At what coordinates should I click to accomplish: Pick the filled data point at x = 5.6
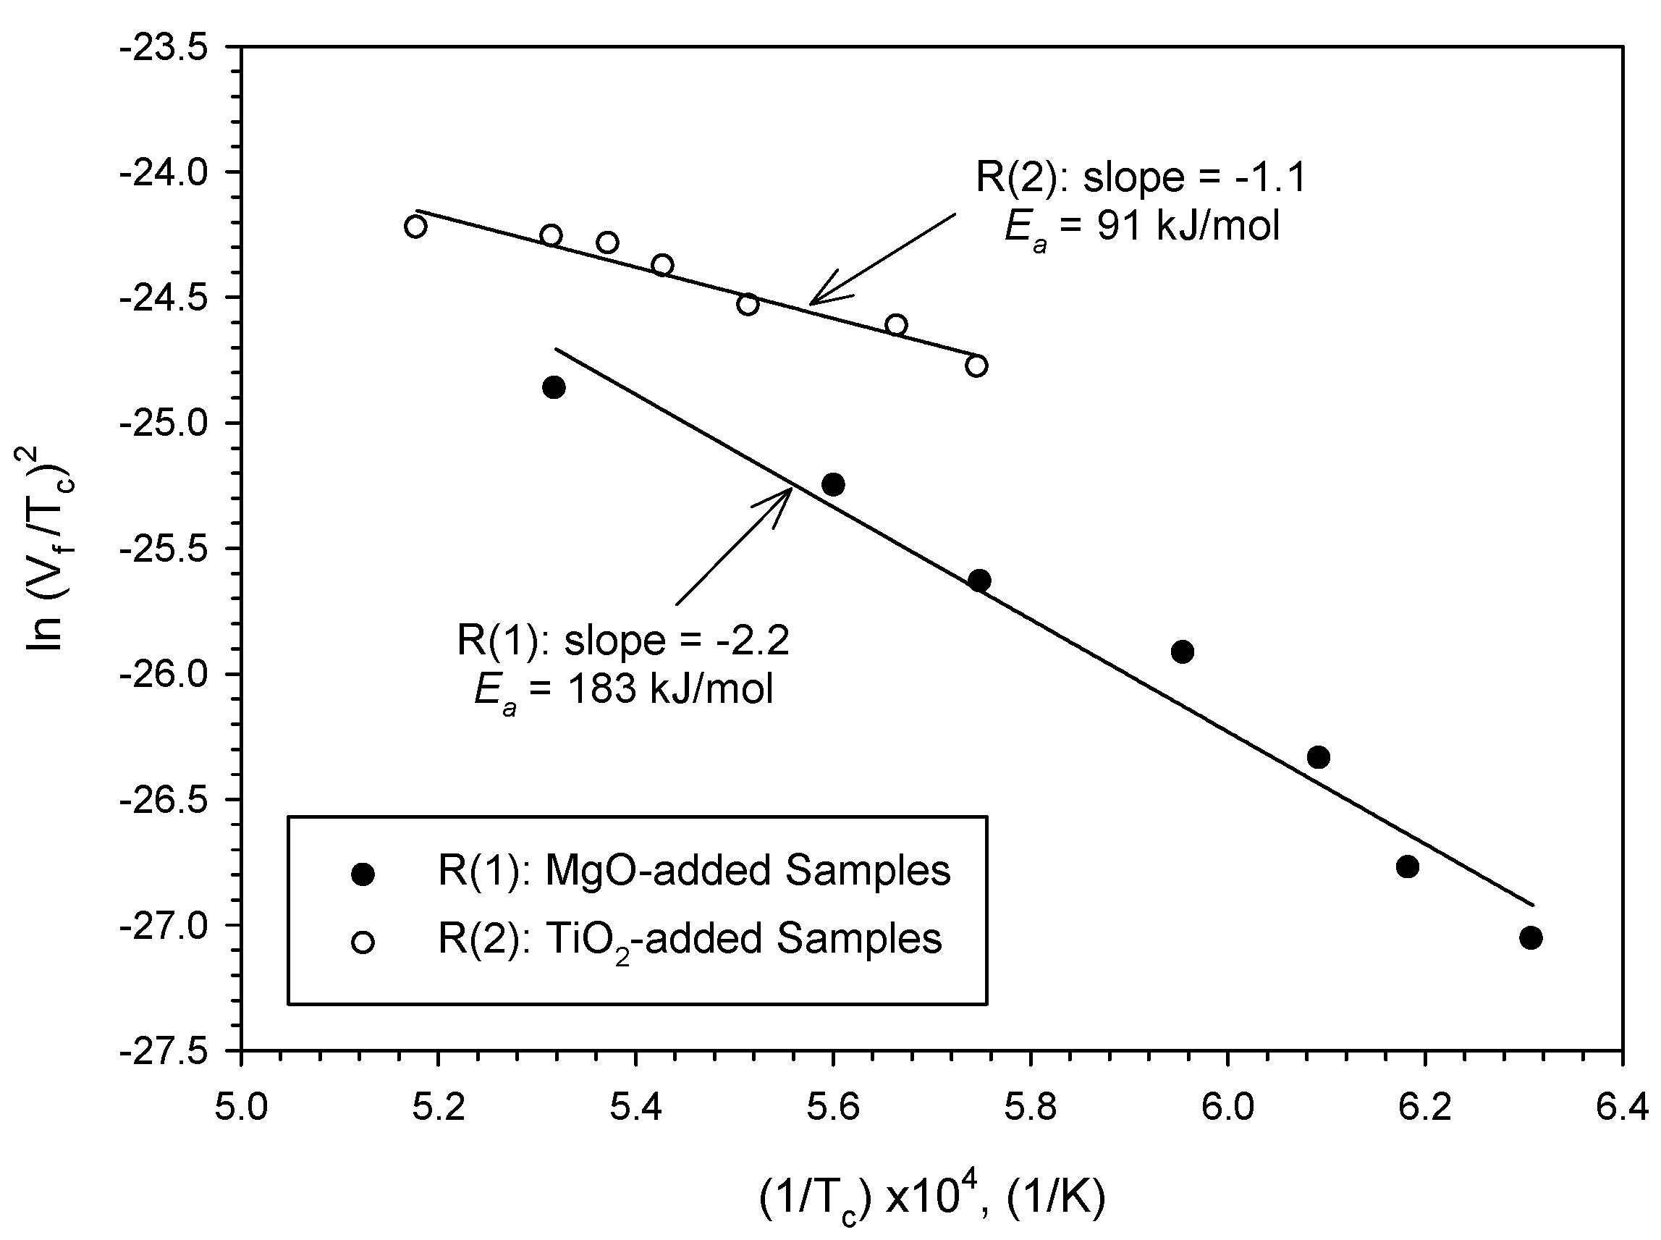[x=833, y=484]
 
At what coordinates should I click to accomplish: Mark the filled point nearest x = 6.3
[x=1531, y=937]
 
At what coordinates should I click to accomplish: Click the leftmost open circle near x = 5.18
[x=415, y=227]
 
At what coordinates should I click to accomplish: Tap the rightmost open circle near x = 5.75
[x=976, y=366]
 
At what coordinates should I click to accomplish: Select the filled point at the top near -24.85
[x=554, y=388]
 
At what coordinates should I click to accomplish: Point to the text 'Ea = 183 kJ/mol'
[x=623, y=689]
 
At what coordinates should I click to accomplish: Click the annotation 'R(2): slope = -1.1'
[x=1141, y=178]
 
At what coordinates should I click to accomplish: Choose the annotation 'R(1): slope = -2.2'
[x=623, y=640]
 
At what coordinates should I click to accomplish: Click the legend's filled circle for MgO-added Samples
[x=363, y=874]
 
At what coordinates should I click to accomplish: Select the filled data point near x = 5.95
[x=1182, y=651]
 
